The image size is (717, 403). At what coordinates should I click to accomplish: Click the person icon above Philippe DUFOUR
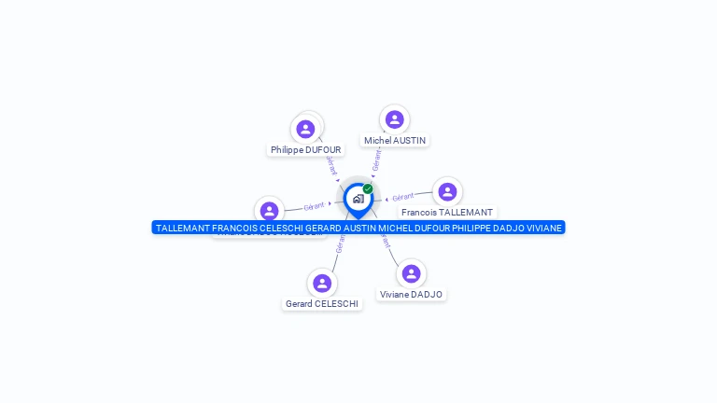pos(305,129)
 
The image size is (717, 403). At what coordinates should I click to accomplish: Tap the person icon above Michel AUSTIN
pos(394,119)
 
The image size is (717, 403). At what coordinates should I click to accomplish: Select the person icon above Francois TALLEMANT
pos(447,192)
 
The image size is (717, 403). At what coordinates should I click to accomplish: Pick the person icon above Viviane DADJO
pos(411,273)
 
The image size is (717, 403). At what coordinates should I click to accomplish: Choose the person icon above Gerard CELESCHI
pos(322,283)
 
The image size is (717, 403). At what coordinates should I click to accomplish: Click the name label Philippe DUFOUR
pos(305,149)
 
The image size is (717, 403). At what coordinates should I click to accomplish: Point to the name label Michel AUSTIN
pos(394,141)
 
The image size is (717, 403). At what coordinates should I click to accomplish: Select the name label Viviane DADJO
pos(411,295)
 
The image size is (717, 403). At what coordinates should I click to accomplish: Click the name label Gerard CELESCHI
pos(322,304)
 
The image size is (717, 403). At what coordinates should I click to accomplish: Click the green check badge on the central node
pos(368,188)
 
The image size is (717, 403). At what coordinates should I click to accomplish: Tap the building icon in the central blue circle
pos(358,199)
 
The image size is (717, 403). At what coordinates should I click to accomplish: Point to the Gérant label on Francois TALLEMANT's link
pos(403,197)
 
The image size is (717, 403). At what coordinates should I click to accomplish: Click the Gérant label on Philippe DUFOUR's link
pos(330,165)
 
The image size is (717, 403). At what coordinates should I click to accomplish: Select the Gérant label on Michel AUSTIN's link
pos(375,160)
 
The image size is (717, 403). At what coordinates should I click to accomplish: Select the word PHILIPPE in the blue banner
pos(472,228)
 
